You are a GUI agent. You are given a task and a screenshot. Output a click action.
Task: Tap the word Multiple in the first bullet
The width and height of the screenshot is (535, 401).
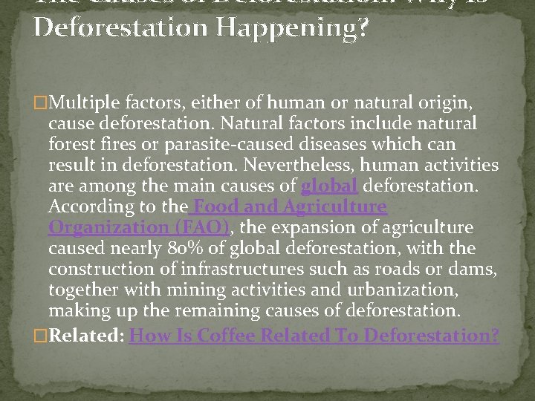pos(82,102)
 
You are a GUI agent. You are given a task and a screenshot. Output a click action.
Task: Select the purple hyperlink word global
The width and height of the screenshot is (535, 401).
pos(328,185)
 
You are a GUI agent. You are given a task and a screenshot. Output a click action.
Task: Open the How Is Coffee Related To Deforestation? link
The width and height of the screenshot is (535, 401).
pos(314,336)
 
